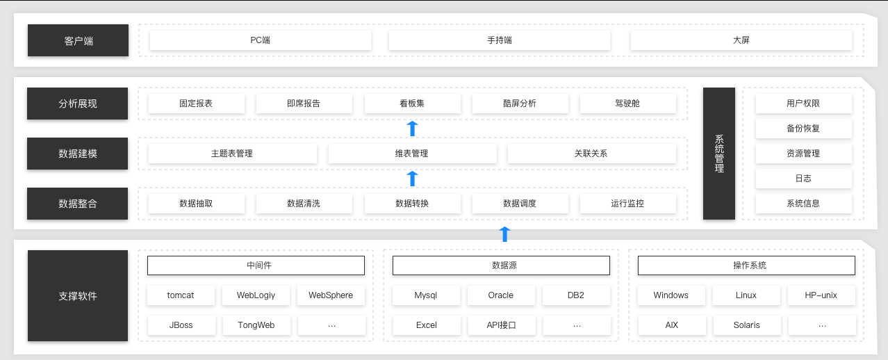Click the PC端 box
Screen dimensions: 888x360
260,40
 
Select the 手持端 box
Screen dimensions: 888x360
500,40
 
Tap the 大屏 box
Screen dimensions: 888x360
741,40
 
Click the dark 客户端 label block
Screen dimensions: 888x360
78,40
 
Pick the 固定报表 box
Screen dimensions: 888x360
196,104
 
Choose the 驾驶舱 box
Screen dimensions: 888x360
627,104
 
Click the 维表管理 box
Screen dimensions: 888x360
412,154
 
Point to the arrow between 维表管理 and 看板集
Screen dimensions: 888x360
412,129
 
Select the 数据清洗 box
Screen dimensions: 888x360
304,204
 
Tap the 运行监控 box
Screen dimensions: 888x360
627,204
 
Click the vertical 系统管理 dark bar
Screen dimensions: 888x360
718,154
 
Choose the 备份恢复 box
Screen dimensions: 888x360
803,129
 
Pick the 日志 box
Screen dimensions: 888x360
803,179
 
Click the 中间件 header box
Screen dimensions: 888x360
256,265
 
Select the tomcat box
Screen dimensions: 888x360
181,295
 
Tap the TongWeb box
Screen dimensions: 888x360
256,325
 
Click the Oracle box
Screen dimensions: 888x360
501,295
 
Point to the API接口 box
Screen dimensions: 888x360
502,325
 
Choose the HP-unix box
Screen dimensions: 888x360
821,295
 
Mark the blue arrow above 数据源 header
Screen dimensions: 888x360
504,234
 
